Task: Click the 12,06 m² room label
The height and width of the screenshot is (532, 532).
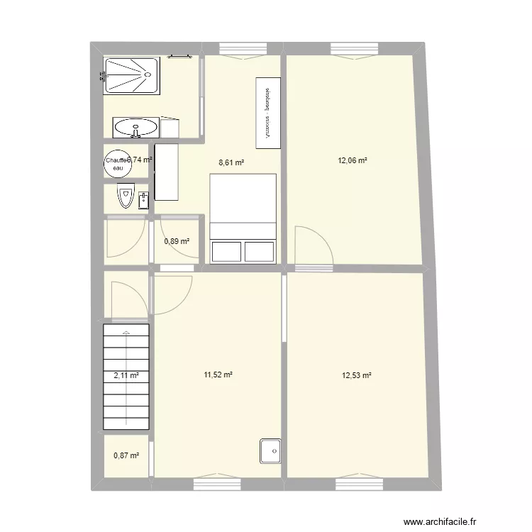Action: coord(353,160)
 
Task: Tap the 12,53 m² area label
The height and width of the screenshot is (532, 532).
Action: coord(357,376)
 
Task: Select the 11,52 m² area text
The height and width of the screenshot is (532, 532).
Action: coord(218,376)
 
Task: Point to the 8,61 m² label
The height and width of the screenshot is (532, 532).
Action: coord(231,162)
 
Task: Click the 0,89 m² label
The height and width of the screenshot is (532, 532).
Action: coord(177,242)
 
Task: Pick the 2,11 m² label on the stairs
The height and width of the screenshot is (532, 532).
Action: coord(126,377)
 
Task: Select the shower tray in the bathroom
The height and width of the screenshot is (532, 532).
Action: coord(132,74)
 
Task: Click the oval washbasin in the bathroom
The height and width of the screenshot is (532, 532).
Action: coord(136,129)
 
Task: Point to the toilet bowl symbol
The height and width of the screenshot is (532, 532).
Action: coord(126,195)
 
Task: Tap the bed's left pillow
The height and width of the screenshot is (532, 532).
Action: coord(226,252)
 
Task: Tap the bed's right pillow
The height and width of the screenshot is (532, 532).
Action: coord(259,252)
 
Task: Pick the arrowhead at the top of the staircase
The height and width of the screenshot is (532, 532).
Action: coord(126,332)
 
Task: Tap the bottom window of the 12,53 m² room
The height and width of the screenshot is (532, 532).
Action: coord(359,485)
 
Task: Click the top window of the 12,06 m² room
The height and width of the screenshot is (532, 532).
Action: coord(355,49)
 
